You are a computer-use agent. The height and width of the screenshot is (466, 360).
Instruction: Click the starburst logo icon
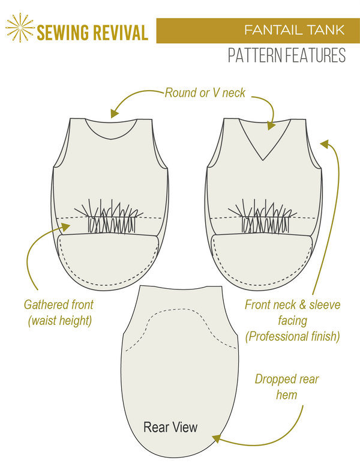(20, 29)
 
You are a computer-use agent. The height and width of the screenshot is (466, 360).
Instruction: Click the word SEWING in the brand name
(62, 32)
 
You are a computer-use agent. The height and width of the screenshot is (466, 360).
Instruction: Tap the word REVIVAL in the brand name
(119, 32)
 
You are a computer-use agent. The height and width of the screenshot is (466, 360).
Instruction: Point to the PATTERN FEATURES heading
(287, 56)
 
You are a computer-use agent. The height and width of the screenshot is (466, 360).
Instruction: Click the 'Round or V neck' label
(205, 93)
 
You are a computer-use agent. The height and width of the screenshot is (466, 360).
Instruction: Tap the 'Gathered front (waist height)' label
(59, 313)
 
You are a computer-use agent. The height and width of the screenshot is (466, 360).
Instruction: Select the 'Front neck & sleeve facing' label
(292, 321)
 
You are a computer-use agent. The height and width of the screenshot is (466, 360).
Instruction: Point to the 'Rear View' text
(170, 428)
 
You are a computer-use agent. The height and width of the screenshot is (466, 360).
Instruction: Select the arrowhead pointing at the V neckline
(271, 125)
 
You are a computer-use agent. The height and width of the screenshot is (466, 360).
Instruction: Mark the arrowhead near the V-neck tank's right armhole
(324, 144)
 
